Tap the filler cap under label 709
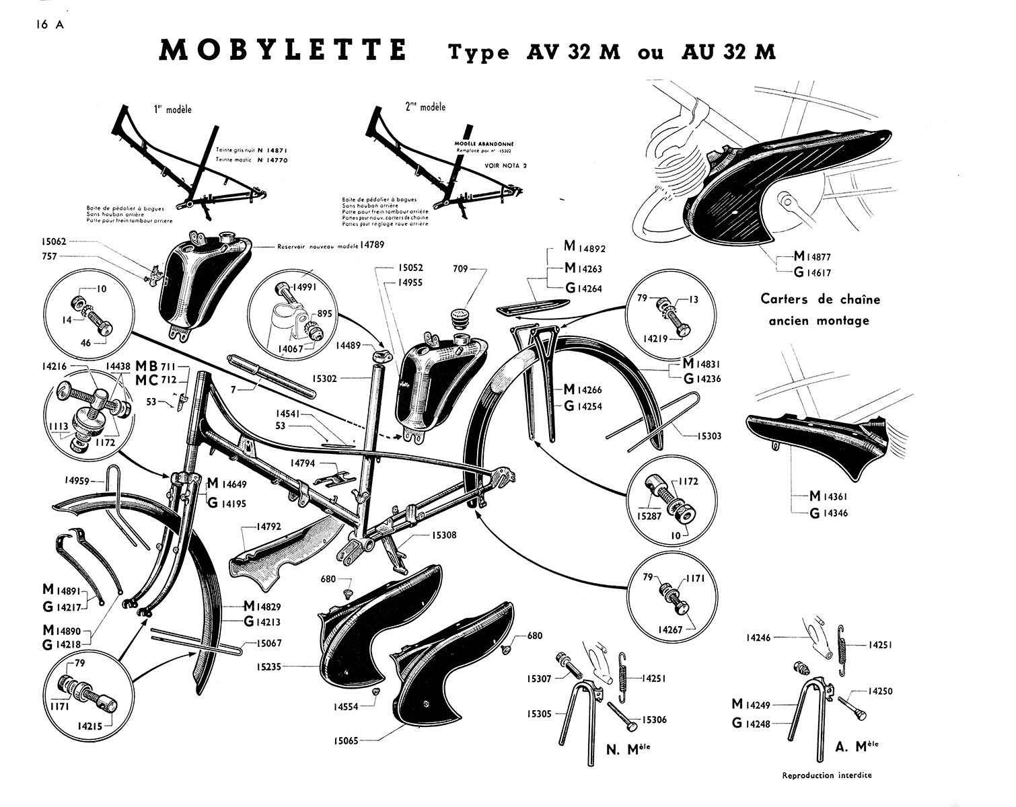tap(460, 315)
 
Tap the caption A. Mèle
tap(854, 744)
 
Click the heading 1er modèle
tap(172, 109)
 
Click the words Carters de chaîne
tap(820, 299)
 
